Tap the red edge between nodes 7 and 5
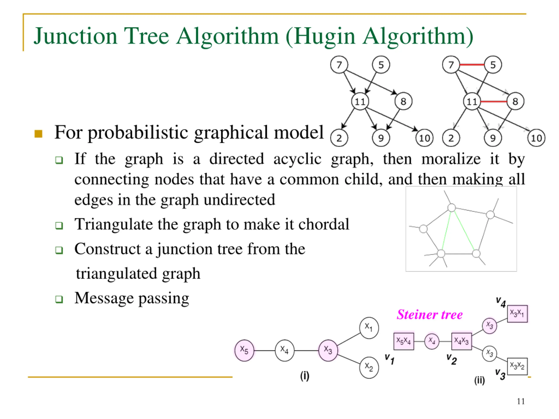coord(472,65)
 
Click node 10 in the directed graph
coord(424,138)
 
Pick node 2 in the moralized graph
coord(451,138)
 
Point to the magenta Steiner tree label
coord(429,315)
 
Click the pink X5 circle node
coord(244,350)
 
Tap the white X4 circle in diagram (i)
coord(285,350)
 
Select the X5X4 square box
coord(404,341)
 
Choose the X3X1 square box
coord(517,314)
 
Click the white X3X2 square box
coord(517,366)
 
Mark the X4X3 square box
coord(461,341)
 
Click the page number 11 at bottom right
coord(521,401)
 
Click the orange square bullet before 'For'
coord(38,134)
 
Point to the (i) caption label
coord(305,376)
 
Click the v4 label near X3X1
coord(501,302)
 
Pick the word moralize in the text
coord(451,159)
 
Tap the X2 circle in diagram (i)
coord(369,367)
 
